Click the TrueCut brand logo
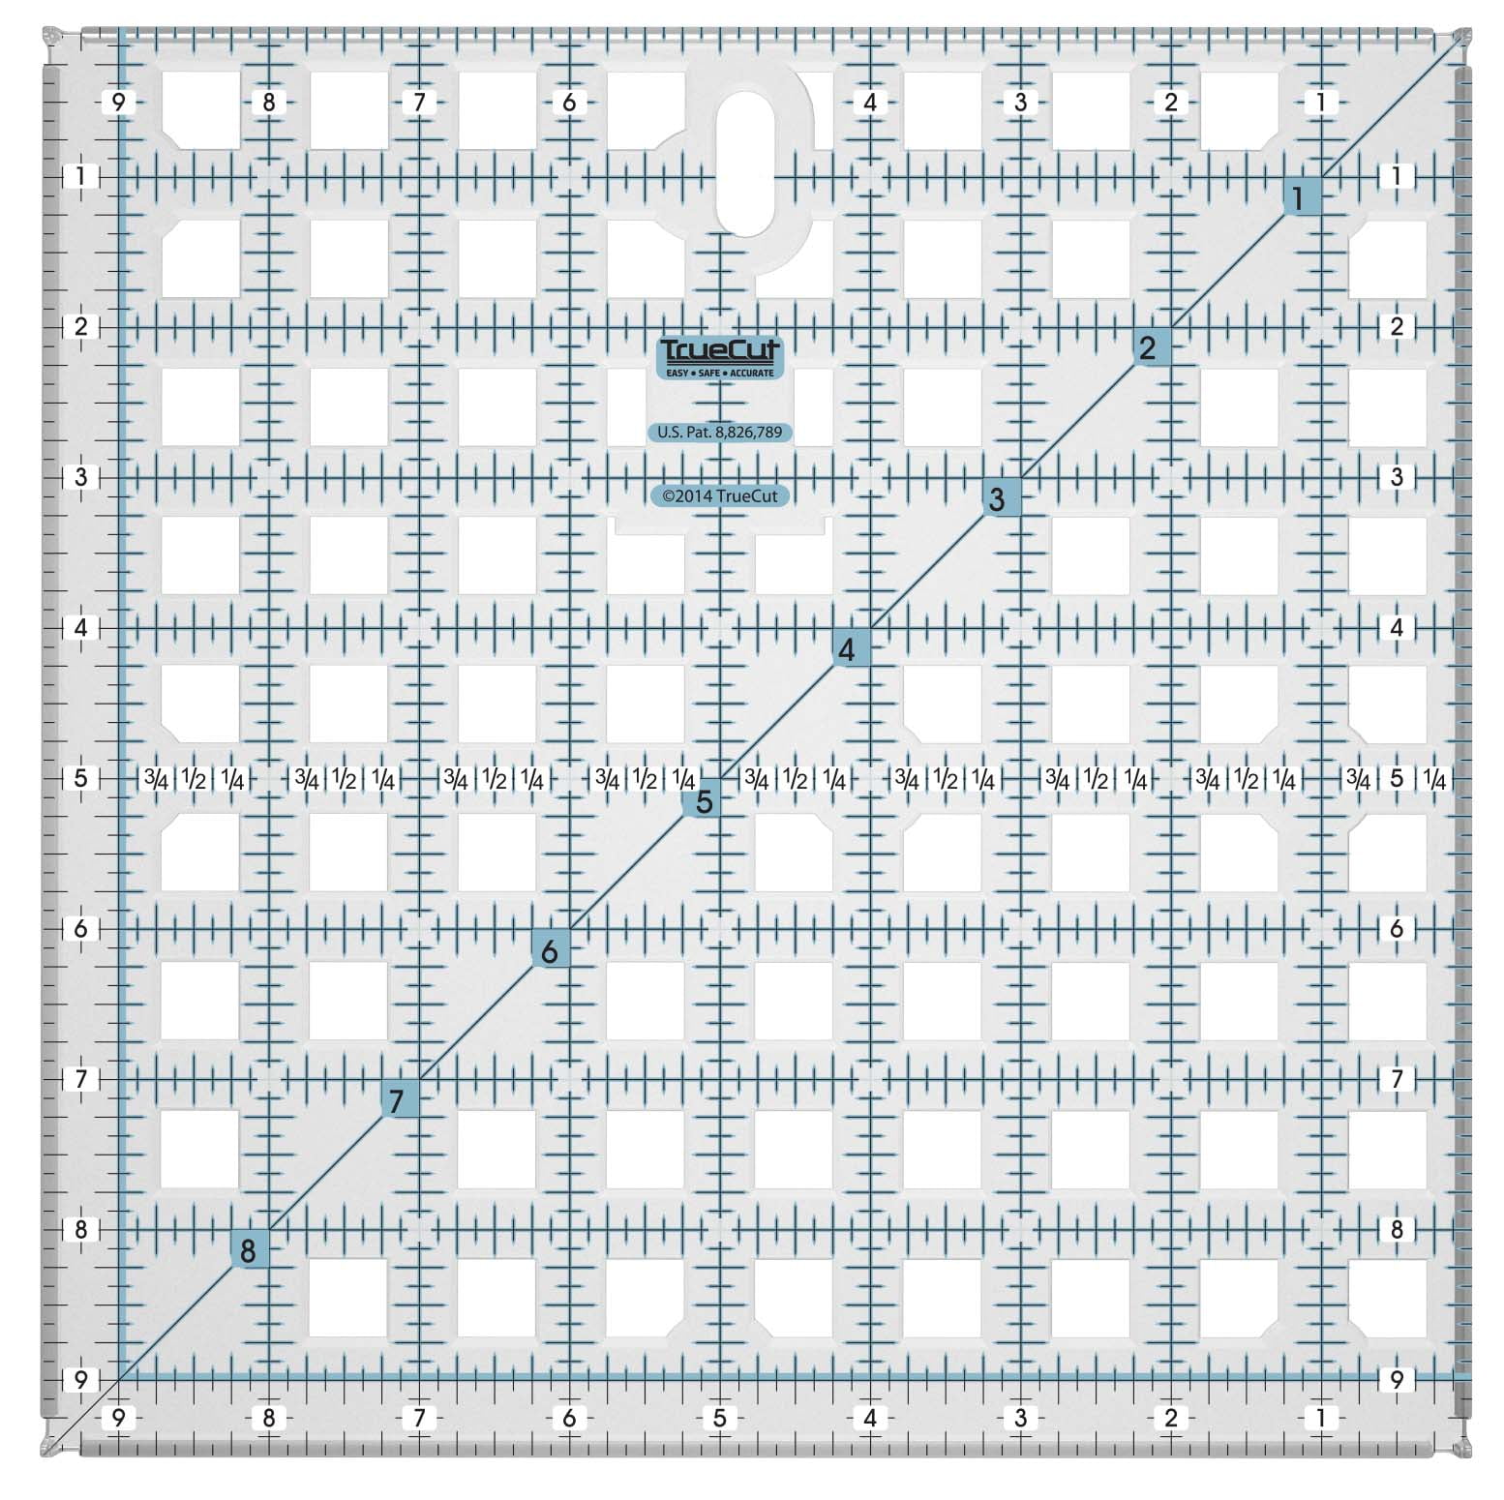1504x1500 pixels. [x=719, y=356]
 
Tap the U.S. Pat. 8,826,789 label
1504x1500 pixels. [x=719, y=433]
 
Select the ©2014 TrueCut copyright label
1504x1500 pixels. [x=719, y=495]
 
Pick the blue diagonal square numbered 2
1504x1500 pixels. [x=1148, y=347]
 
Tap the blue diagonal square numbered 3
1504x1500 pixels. [x=997, y=498]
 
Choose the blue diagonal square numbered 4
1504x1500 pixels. [x=847, y=649]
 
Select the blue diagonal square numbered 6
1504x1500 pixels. [x=549, y=950]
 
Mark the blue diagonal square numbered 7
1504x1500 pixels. [x=397, y=1100]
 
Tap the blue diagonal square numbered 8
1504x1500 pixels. [x=248, y=1250]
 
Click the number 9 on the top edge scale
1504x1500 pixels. [x=118, y=102]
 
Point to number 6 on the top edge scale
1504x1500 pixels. [x=569, y=102]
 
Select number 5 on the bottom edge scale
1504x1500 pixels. [x=719, y=1418]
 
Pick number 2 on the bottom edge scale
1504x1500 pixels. [x=1171, y=1418]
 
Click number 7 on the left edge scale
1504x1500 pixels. [x=81, y=1078]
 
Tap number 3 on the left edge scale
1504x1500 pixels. [x=81, y=476]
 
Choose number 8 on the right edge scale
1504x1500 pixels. [x=1397, y=1229]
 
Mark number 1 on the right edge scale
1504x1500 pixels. [x=1397, y=176]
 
